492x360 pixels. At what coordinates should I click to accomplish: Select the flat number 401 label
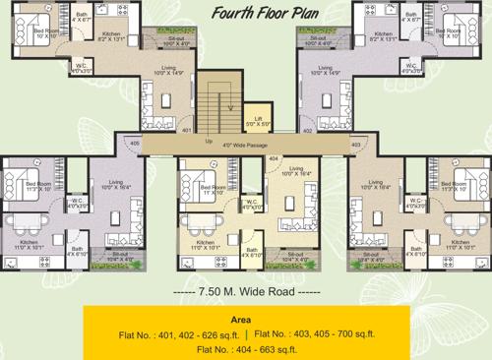coord(185,130)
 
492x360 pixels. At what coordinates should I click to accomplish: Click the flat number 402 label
coord(307,130)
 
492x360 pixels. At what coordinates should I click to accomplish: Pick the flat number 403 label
coord(354,145)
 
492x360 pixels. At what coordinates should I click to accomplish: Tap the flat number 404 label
coord(273,157)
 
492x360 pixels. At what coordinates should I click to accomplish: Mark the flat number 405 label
coord(134,144)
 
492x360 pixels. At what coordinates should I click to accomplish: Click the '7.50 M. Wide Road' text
coord(245,292)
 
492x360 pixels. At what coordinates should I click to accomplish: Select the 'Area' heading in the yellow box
coord(242,320)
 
